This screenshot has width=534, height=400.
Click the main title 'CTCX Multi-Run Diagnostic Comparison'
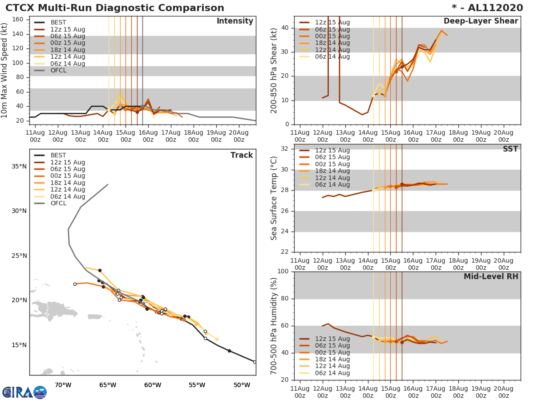pyautogui.click(x=115, y=8)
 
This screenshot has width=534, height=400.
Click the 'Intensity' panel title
pyautogui.click(x=235, y=21)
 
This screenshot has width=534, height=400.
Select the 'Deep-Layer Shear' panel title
pyautogui.click(x=481, y=21)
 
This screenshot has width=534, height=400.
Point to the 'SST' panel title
pyautogui.click(x=510, y=149)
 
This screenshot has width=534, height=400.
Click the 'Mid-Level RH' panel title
pyautogui.click(x=491, y=277)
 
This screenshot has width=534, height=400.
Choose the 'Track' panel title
pyautogui.click(x=242, y=156)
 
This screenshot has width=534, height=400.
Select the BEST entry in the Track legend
pyautogui.click(x=58, y=156)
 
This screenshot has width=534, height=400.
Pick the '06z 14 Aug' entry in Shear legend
pyautogui.click(x=332, y=57)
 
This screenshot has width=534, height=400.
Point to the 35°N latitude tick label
pyautogui.click(x=19, y=167)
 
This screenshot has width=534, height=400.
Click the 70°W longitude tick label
pyautogui.click(x=63, y=385)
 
